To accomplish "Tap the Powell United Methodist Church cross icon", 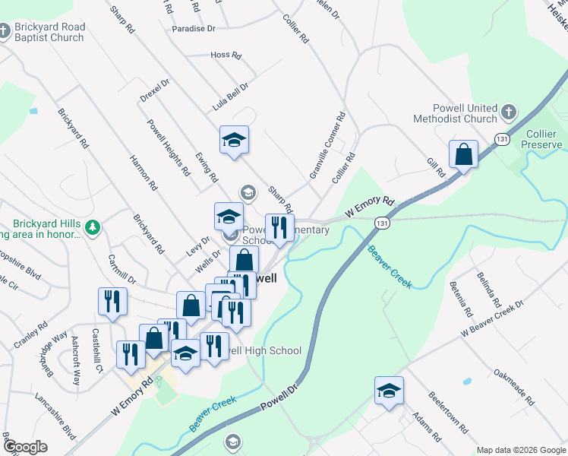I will (508, 113).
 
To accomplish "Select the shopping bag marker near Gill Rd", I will (462, 155).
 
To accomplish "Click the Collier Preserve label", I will (544, 139).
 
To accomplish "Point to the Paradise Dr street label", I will (194, 28).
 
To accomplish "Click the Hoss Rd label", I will (226, 55).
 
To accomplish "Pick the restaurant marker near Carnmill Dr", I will (112, 301).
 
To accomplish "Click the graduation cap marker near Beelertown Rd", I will (389, 391).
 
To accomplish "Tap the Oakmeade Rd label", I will (514, 387).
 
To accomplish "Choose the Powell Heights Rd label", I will (169, 147).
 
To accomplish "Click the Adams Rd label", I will (426, 427).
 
